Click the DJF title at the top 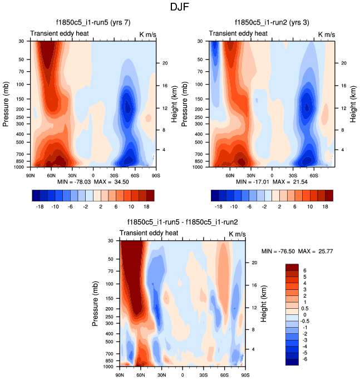pyautogui.click(x=180, y=8)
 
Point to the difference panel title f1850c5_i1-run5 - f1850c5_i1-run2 pyautogui.click(x=181, y=222)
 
